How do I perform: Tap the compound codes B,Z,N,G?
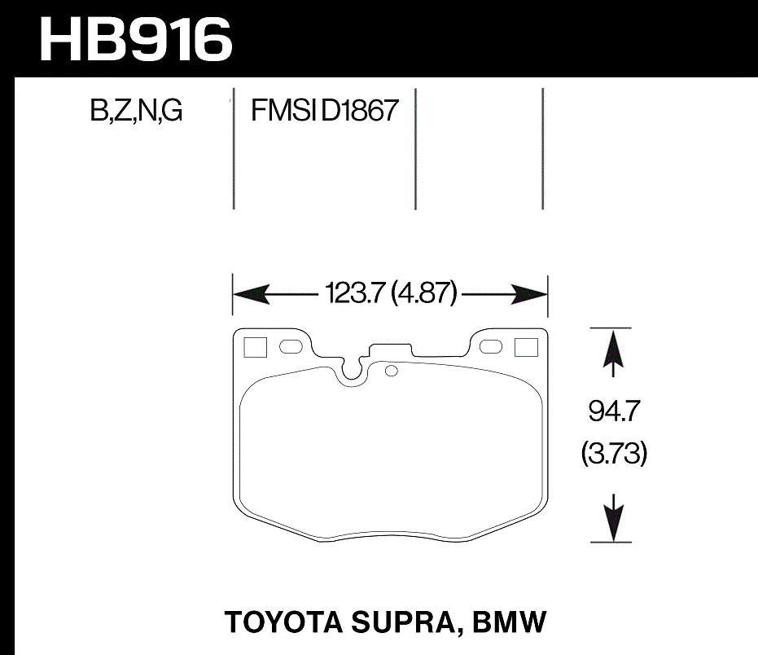tap(136, 110)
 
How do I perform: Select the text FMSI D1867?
tap(324, 110)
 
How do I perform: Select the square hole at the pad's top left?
tap(255, 347)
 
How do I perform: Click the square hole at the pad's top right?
tap(527, 347)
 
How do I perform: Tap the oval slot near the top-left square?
tap(290, 347)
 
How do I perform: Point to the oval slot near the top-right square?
tap(491, 347)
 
